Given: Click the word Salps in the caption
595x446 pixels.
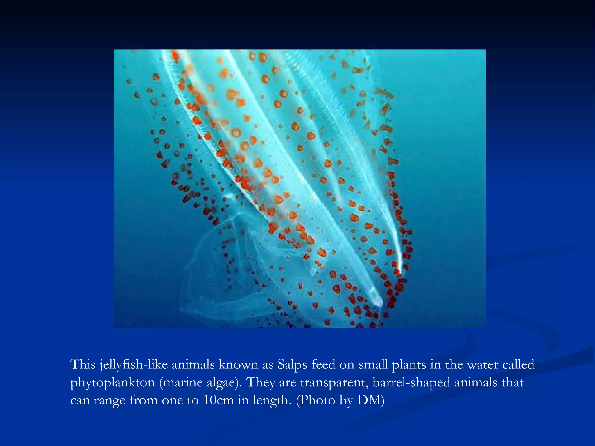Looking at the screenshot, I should pos(292,364).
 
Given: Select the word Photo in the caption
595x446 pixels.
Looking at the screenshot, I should pos(318,400).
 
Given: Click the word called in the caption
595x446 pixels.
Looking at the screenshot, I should pos(518,364).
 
